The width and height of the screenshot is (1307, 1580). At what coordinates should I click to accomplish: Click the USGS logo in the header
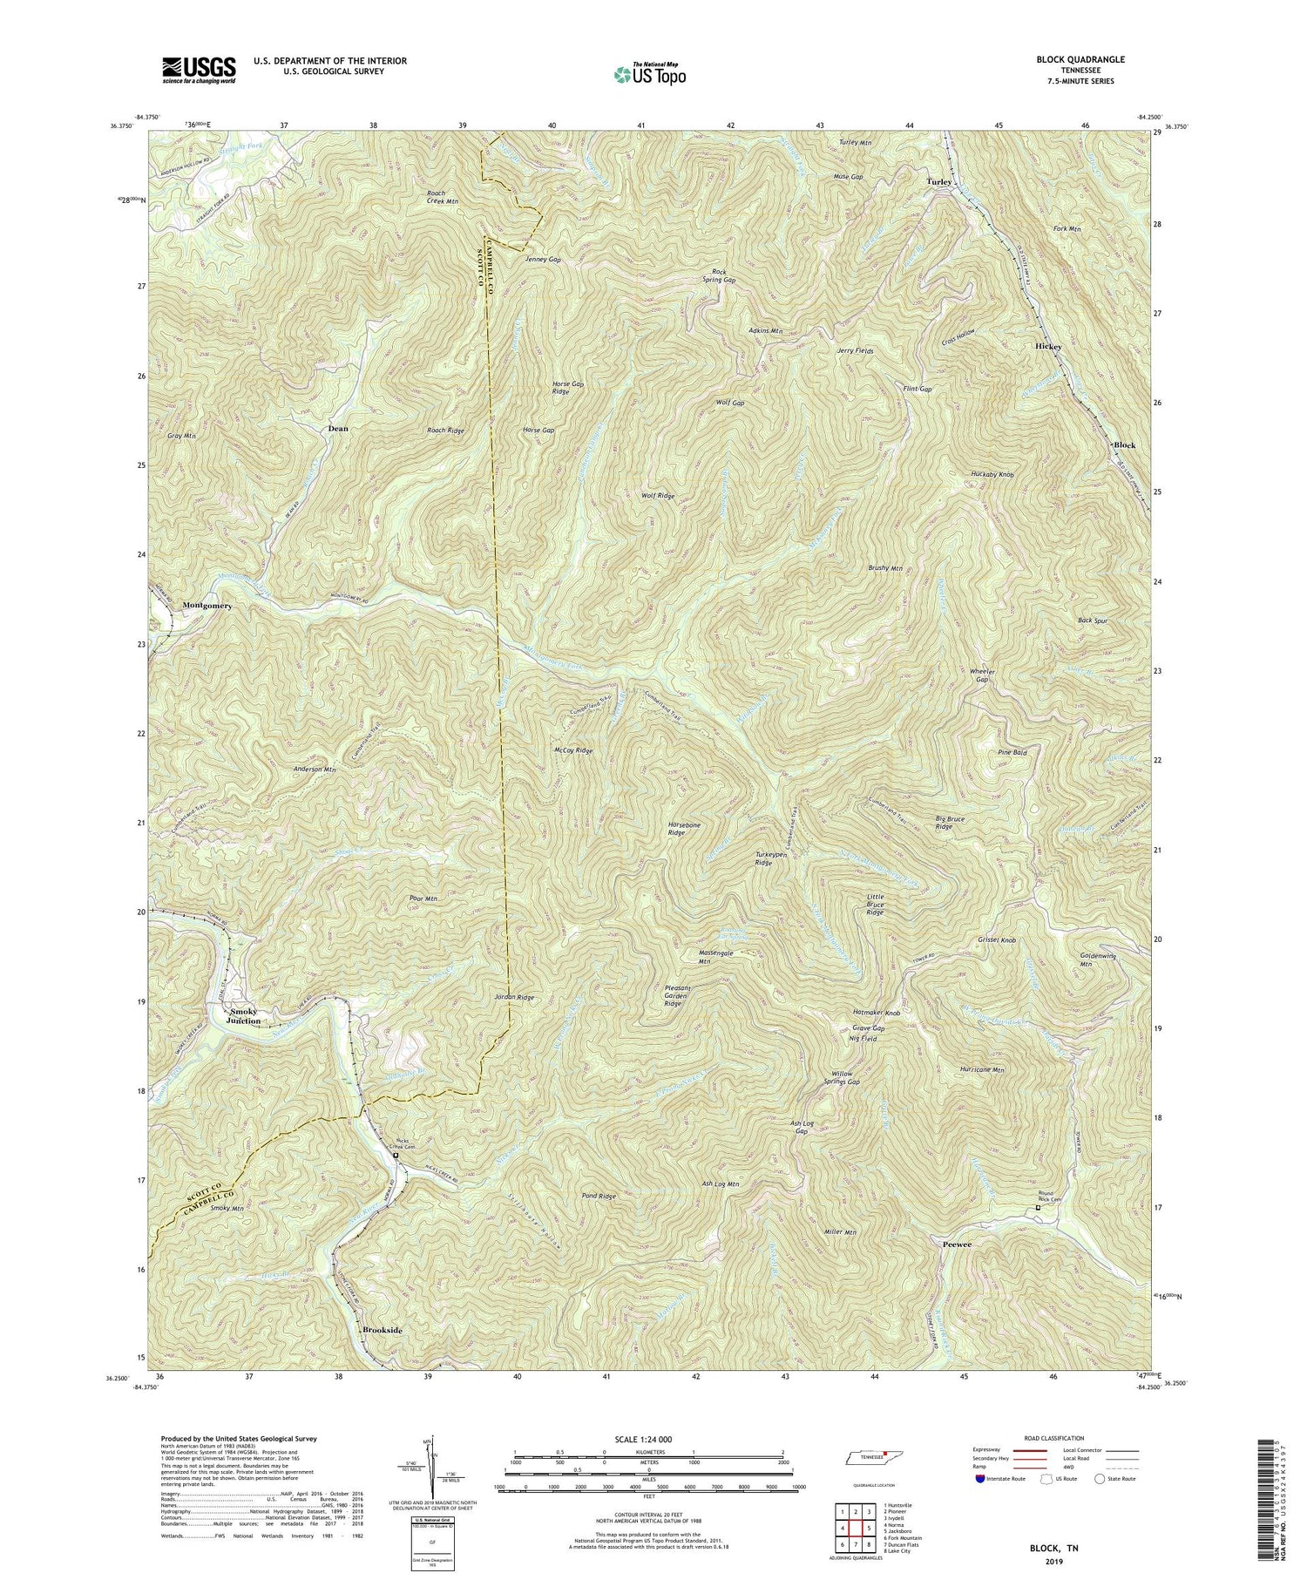(199, 69)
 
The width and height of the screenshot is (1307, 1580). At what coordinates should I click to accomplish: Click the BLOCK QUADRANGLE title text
(1080, 59)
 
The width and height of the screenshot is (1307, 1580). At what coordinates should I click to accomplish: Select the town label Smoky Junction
(243, 1015)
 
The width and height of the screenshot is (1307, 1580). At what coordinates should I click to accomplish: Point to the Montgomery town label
(207, 605)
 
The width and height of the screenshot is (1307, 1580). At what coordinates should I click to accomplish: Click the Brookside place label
(382, 1330)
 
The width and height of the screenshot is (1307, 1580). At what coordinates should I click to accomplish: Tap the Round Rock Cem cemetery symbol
(1037, 1208)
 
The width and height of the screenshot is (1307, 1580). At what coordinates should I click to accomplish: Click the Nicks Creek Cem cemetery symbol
(395, 1156)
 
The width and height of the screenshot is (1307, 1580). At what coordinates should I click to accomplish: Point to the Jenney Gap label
(543, 260)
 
